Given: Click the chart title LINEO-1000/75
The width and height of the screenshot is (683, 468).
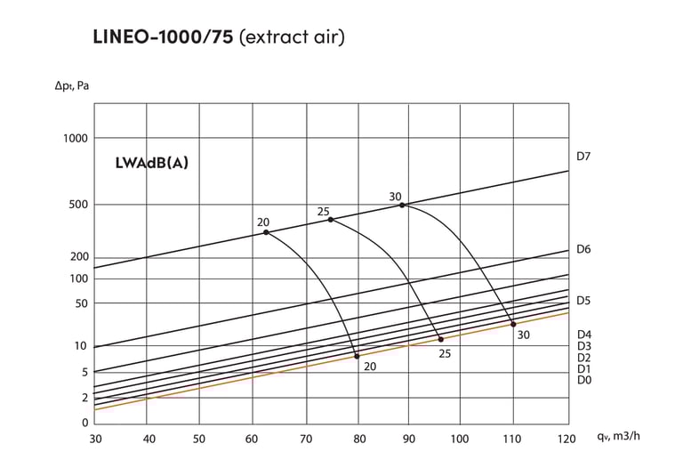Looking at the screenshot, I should [x=164, y=37].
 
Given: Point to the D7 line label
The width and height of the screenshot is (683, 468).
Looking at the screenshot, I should [x=583, y=157].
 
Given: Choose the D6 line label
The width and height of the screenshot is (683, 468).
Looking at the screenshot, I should [x=583, y=249].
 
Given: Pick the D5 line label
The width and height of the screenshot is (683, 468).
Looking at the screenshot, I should [x=583, y=301].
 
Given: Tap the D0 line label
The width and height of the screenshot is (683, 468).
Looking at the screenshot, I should [x=583, y=380].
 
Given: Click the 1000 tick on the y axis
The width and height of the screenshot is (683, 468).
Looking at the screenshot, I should [x=76, y=138].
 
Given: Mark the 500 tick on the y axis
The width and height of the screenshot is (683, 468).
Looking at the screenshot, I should [x=78, y=205].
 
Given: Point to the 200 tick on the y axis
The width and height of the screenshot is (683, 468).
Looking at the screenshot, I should [x=78, y=257].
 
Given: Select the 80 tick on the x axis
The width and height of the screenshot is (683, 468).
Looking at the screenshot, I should [x=360, y=439].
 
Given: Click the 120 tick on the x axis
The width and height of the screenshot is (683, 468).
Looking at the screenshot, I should [x=566, y=439].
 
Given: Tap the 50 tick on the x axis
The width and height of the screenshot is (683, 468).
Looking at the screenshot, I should [x=199, y=439].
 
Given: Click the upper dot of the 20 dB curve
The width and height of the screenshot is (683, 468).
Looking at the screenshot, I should [x=266, y=232].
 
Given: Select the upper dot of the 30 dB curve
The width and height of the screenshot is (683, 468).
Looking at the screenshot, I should [x=402, y=205].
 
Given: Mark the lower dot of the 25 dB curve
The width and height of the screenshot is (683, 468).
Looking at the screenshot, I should [x=440, y=339].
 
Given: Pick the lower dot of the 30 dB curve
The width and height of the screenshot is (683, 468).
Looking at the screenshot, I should [x=513, y=323].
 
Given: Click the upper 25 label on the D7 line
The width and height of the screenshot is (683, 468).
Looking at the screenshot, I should [x=323, y=211].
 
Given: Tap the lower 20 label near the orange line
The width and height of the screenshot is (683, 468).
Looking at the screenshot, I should [x=370, y=366].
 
